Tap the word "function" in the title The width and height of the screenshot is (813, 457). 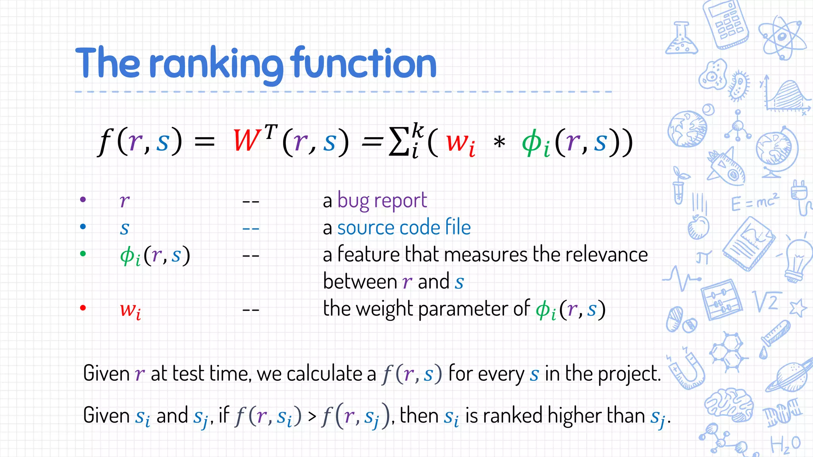pos(363,63)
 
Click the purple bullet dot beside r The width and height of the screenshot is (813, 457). pos(83,200)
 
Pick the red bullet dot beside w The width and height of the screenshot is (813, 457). pos(83,308)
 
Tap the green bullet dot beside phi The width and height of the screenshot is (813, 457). pos(83,253)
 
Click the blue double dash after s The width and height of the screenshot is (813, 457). pos(251,229)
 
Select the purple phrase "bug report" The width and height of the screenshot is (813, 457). pos(382,201)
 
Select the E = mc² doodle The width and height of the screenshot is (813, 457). pos(755,203)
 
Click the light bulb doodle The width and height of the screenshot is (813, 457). pos(798,260)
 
